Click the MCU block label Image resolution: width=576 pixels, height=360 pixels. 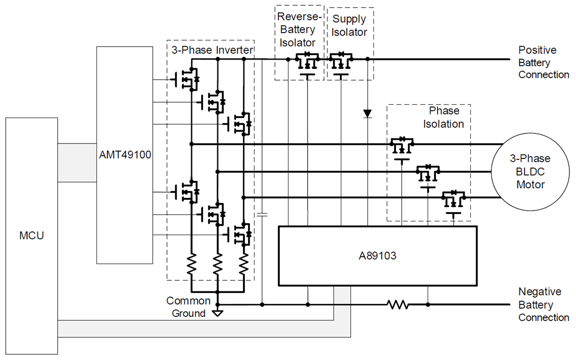coord(31,236)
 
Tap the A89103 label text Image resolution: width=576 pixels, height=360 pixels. coord(377,256)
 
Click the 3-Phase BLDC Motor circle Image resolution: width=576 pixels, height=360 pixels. coord(530,171)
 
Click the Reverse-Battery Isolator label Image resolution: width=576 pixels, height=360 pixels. coord(296,29)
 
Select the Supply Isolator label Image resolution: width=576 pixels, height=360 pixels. coord(349,26)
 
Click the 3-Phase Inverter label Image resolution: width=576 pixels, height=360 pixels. coord(211,49)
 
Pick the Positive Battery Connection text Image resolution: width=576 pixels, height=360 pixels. coord(543,62)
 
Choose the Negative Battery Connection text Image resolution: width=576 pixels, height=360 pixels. coord(543,304)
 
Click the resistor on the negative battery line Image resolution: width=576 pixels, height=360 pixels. coord(398,304)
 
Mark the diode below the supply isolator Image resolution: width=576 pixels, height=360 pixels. coord(368,114)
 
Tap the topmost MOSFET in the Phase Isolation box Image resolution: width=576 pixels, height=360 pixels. coord(401,146)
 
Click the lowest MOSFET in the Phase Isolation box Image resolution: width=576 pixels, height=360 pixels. coord(454,200)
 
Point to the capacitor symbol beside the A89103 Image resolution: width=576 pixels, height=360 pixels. coord(262,215)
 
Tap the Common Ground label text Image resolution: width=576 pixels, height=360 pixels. coord(188,307)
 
